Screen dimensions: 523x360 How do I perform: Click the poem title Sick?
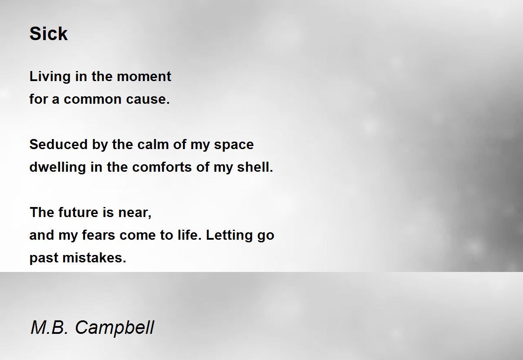(x=48, y=34)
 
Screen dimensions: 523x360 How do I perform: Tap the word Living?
(x=50, y=77)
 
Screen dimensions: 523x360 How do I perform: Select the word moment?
(x=144, y=77)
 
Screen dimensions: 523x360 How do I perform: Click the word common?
(x=92, y=99)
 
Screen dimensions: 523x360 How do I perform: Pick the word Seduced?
(x=58, y=144)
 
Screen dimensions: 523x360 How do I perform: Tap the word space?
(x=234, y=145)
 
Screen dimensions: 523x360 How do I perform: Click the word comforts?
(x=162, y=167)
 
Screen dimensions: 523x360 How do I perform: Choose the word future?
(x=78, y=212)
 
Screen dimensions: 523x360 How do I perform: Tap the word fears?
(x=98, y=235)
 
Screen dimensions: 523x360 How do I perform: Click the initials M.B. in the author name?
(x=49, y=327)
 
